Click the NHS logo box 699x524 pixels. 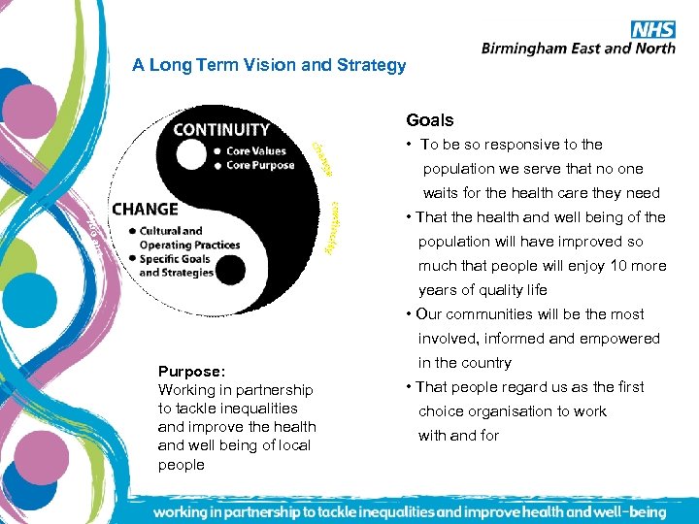pos(652,29)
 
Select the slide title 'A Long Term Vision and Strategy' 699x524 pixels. pos(269,66)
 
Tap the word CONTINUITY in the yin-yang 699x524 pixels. pos(221,129)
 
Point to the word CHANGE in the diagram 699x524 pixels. pos(145,209)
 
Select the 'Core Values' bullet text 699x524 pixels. pos(256,150)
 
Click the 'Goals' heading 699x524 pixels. pos(429,120)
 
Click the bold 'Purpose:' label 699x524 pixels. pos(192,371)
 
